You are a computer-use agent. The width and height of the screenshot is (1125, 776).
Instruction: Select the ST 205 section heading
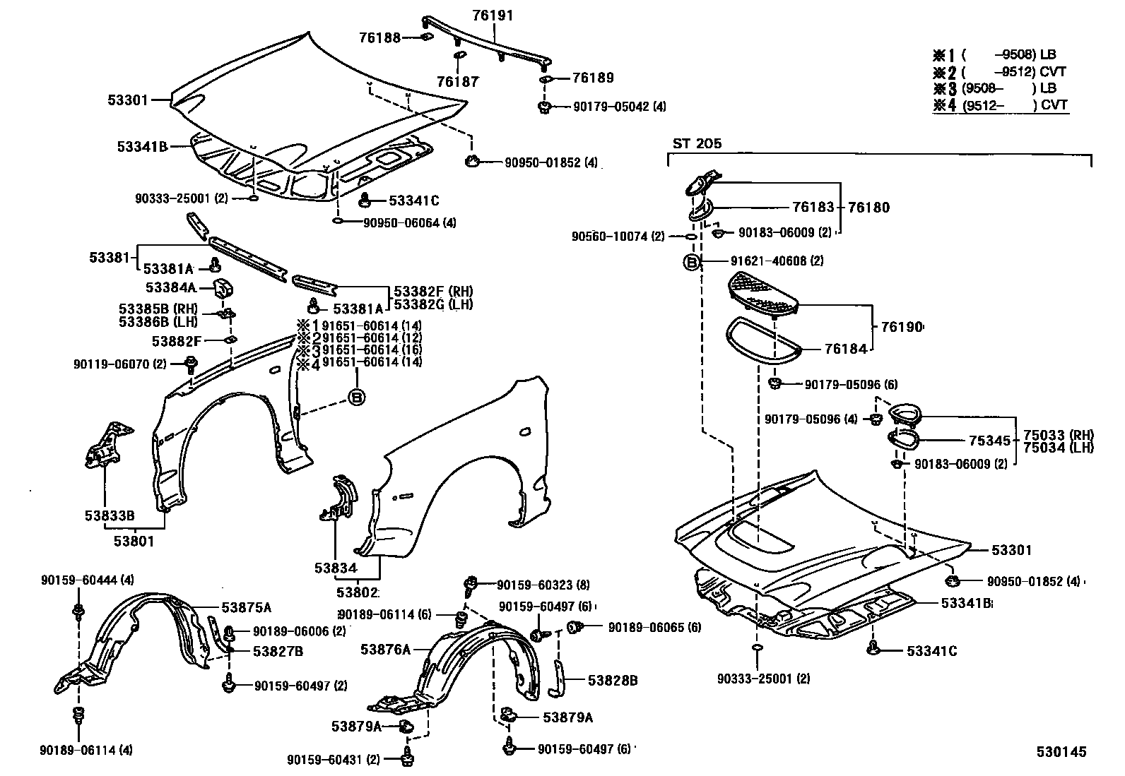[x=697, y=143]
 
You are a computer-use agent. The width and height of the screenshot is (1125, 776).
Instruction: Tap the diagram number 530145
[x=1061, y=753]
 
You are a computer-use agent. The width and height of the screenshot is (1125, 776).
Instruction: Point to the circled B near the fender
[x=357, y=398]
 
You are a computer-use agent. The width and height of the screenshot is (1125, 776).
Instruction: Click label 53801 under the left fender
[x=134, y=542]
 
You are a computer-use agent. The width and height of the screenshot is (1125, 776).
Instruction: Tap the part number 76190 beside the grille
[x=902, y=327]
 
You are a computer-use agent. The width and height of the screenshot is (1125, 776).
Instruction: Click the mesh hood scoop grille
[x=763, y=293]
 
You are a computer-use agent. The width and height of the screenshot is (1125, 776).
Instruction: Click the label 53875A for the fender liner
[x=246, y=607]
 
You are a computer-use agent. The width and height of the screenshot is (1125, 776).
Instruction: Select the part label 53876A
[x=385, y=649]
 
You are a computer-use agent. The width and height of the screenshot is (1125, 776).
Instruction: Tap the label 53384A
[x=170, y=287]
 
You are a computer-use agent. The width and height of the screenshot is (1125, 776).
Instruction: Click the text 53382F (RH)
[x=433, y=292]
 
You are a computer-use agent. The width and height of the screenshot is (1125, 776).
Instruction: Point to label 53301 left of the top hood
[x=128, y=100]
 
